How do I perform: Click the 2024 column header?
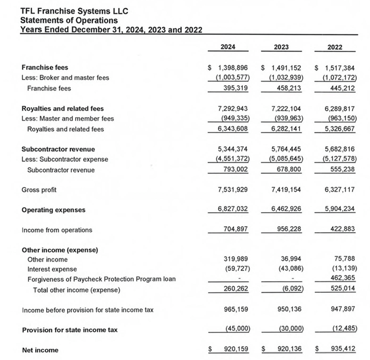click(x=228, y=47)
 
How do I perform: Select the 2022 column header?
click(x=334, y=47)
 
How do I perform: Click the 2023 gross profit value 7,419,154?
click(x=287, y=190)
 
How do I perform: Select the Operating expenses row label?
click(x=53, y=210)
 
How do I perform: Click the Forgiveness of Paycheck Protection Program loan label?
click(x=101, y=279)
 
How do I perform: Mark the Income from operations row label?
click(x=57, y=230)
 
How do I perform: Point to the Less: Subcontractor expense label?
click(x=65, y=159)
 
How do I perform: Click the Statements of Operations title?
click(x=69, y=20)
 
